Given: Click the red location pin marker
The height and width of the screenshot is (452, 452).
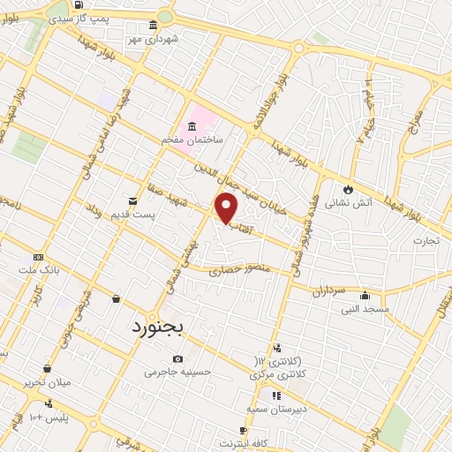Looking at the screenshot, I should click(x=227, y=207).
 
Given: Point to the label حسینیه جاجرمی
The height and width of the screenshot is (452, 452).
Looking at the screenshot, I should click(x=179, y=373).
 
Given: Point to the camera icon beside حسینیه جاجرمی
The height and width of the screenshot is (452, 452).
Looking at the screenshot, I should click(x=178, y=358).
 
